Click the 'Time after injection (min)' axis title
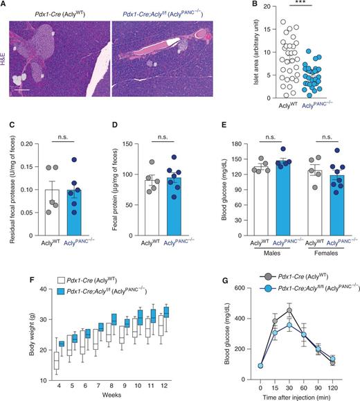tap(296, 394)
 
